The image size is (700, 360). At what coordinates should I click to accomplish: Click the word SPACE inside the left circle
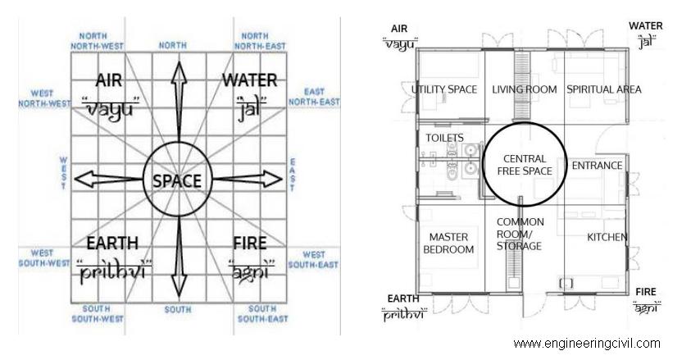[x=177, y=181]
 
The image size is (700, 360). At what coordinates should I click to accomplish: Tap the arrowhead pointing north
[x=179, y=72]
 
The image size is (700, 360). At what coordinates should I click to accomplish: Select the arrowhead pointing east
[x=272, y=179]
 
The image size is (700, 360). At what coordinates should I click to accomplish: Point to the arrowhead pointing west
[x=84, y=179]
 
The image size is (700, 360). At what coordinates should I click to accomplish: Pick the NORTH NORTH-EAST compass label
[x=259, y=41]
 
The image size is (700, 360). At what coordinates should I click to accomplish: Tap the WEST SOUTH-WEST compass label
[x=43, y=258]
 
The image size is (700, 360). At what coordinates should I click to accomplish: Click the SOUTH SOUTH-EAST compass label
[x=262, y=313]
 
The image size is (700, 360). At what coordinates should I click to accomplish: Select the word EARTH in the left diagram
[x=112, y=244]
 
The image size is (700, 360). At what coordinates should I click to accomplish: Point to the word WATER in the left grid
[x=249, y=80]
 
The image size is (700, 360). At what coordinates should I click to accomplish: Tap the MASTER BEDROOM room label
[x=448, y=244]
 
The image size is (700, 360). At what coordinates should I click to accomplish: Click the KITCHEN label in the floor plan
[x=607, y=237]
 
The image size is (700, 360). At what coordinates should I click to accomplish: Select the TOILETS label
[x=444, y=138]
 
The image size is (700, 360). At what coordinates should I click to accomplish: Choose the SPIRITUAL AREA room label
[x=604, y=89]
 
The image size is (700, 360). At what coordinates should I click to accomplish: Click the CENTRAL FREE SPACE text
[x=525, y=165]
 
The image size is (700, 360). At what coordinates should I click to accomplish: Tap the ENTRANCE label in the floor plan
[x=597, y=166]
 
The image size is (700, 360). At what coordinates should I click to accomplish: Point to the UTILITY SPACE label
[x=444, y=89]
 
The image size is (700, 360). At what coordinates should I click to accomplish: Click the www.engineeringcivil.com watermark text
[x=587, y=344]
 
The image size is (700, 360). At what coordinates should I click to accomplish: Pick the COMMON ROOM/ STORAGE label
[x=520, y=234]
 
